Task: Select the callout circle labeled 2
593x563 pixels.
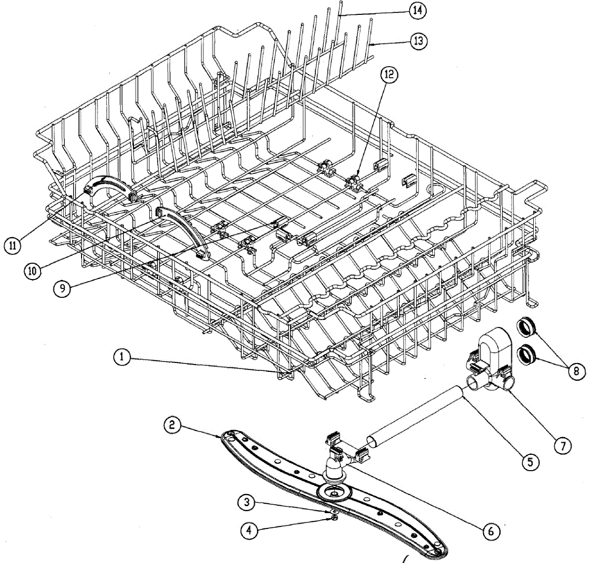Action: click(x=171, y=425)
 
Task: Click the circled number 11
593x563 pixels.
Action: click(x=12, y=245)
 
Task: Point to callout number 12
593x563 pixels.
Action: click(x=389, y=75)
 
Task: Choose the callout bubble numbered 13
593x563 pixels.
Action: click(x=418, y=41)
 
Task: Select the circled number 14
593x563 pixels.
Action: click(x=418, y=10)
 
